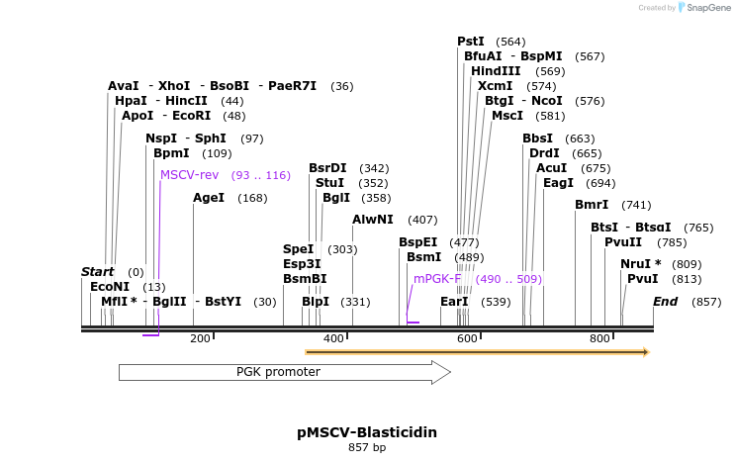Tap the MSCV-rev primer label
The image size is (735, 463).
[x=189, y=175]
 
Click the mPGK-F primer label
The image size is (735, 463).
[x=437, y=279]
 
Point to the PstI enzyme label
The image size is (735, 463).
[x=471, y=42]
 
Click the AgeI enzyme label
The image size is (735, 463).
[x=209, y=198]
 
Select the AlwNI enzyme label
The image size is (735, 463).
[x=373, y=220]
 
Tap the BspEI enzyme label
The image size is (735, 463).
[x=417, y=242]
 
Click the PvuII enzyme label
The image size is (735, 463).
[x=623, y=242]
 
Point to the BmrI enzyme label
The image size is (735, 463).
[x=592, y=205]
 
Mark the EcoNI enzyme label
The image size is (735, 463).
[x=110, y=287]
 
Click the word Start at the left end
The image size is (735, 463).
[x=98, y=272]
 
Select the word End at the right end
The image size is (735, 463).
[x=665, y=302]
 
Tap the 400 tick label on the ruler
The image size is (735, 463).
[x=333, y=338]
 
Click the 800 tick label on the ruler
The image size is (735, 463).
[x=599, y=338]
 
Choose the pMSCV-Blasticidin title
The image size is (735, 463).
[x=367, y=432]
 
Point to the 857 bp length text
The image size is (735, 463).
[x=367, y=448]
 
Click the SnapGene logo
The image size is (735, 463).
[x=702, y=8]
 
